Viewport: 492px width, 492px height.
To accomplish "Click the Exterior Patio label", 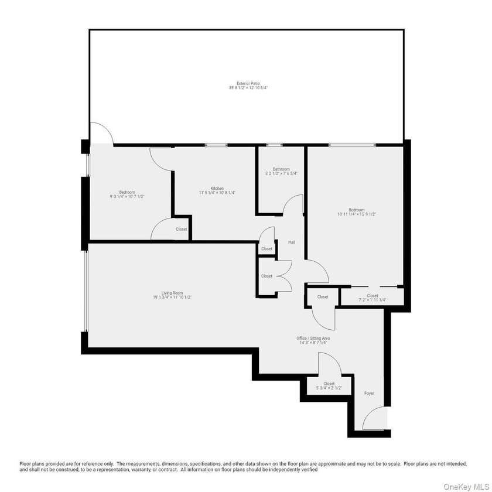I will (x=248, y=83).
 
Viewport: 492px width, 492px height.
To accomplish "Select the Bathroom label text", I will (x=281, y=169).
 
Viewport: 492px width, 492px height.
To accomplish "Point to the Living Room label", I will (x=172, y=293).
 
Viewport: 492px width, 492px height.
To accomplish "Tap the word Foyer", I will (x=369, y=393).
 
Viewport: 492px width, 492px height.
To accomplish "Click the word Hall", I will (x=292, y=242).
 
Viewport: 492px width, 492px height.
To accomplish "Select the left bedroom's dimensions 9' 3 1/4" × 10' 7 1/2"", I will (x=127, y=197).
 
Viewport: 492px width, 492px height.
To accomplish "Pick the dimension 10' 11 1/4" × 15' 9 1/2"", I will (x=357, y=214).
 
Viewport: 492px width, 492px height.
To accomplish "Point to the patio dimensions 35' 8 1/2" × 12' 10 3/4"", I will (x=248, y=88).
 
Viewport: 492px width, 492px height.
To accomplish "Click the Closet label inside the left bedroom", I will (x=182, y=229).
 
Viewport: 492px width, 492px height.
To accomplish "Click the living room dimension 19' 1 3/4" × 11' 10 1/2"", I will (x=172, y=298).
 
